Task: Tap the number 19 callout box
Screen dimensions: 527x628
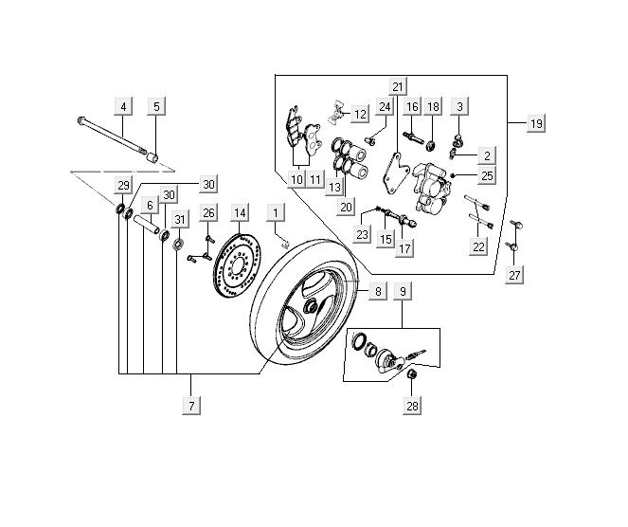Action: [x=536, y=124]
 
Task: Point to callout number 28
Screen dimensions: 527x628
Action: [x=412, y=406]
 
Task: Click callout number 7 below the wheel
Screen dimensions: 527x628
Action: [x=192, y=406]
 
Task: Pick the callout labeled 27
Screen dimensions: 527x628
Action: [x=514, y=276]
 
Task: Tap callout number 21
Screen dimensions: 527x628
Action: [x=398, y=88]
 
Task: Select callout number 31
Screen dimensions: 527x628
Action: [x=180, y=221]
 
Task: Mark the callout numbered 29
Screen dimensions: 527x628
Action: [x=123, y=184]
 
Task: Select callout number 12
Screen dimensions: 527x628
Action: [x=360, y=115]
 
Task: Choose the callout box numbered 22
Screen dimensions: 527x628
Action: [x=479, y=246]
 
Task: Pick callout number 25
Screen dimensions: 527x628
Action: [x=487, y=175]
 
